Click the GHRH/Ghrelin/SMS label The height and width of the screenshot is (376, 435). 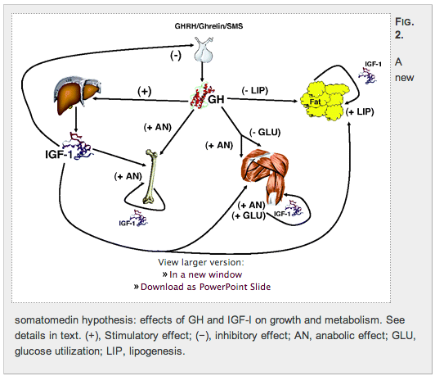pos(209,26)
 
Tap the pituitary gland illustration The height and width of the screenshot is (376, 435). pos(204,50)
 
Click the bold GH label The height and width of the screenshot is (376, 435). pos(216,99)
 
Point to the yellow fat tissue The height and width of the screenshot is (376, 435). pos(325,101)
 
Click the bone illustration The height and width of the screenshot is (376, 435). pos(150,177)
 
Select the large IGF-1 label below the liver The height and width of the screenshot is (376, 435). pos(59,154)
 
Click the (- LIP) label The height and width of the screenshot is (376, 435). pos(255,91)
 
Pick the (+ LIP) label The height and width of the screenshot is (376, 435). pos(360,111)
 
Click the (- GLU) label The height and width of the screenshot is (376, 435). pos(265,132)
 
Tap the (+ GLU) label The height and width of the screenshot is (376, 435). pos(249,215)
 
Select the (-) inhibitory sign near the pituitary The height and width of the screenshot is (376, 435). pos(176,56)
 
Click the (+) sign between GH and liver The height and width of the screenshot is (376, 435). pos(145,92)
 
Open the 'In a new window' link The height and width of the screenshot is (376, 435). pos(205,274)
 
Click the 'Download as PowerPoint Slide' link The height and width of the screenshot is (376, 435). pos(205,287)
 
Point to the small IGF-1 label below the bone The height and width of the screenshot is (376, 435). pos(127,223)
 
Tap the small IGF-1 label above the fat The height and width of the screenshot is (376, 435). pos(373,64)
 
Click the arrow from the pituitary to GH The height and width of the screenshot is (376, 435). pos(202,72)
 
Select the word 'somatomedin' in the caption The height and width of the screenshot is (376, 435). pos(47,320)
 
